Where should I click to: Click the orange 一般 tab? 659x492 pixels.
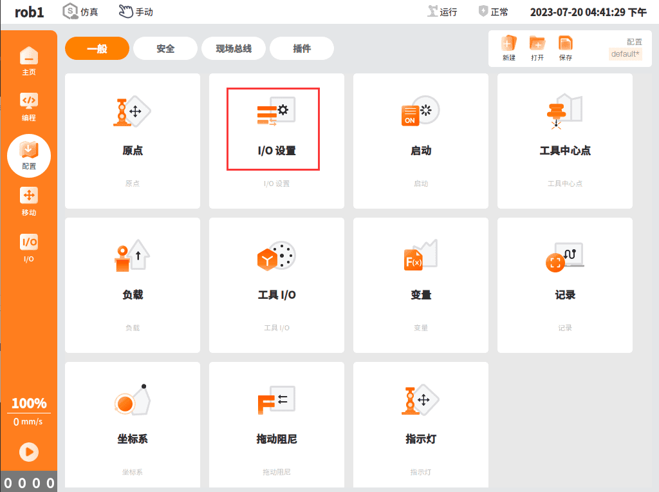[97, 48]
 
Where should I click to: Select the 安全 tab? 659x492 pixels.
[165, 48]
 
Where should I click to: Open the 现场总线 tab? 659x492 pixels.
[234, 48]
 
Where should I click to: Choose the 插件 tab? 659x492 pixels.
[302, 48]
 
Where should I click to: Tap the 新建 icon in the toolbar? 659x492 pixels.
[508, 43]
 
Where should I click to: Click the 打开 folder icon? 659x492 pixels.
[537, 43]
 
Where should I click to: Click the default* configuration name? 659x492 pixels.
[626, 54]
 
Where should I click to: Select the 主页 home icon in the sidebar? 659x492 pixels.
[29, 56]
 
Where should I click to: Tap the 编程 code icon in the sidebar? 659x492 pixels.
[29, 100]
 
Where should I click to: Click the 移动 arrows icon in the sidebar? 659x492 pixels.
[29, 196]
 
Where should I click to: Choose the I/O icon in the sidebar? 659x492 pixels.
[29, 241]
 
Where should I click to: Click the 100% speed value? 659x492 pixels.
[29, 403]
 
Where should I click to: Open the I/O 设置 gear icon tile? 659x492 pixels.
[276, 111]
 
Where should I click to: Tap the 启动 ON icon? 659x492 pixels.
[420, 111]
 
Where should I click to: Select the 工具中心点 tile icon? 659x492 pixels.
[564, 111]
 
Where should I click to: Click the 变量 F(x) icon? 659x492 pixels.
[420, 255]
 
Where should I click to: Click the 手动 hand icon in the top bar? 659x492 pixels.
[125, 12]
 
